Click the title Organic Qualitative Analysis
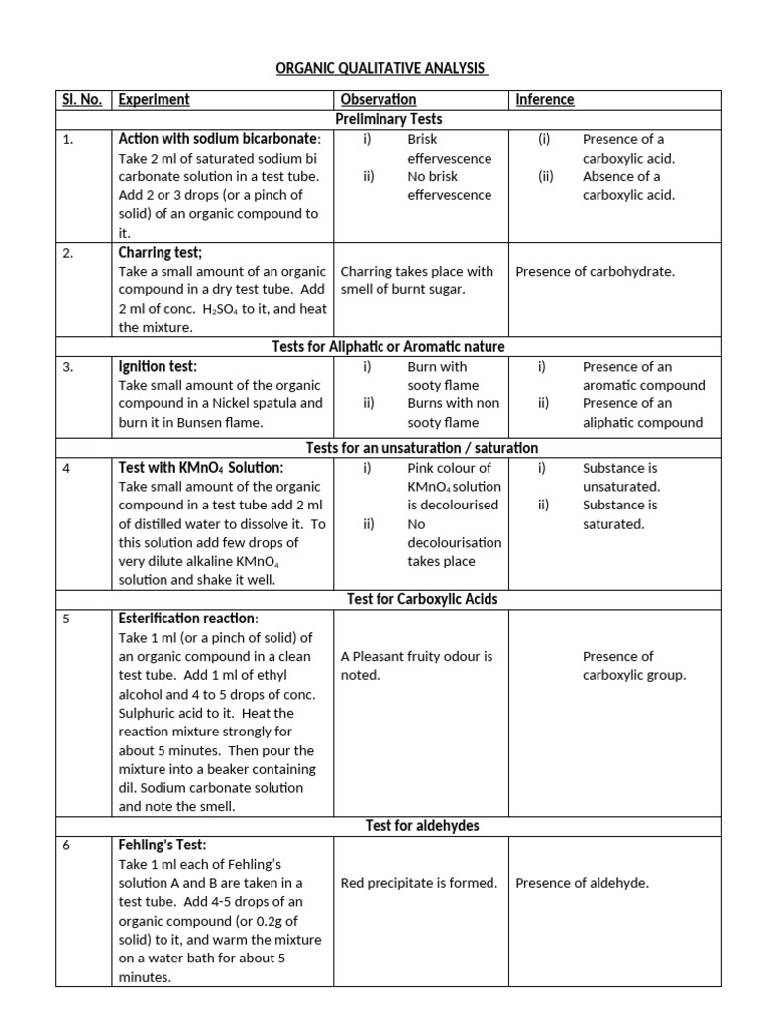tap(380, 68)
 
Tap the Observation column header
tap(378, 99)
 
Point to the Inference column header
tap(544, 99)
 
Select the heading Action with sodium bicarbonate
tap(219, 138)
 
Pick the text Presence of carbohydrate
tap(595, 271)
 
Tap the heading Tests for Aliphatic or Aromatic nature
tap(388, 346)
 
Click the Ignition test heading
tap(158, 366)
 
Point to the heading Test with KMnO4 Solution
tap(201, 467)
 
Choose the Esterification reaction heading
tap(188, 619)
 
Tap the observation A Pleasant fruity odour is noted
tap(416, 665)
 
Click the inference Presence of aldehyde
tap(583, 883)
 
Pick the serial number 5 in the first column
tap(66, 619)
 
